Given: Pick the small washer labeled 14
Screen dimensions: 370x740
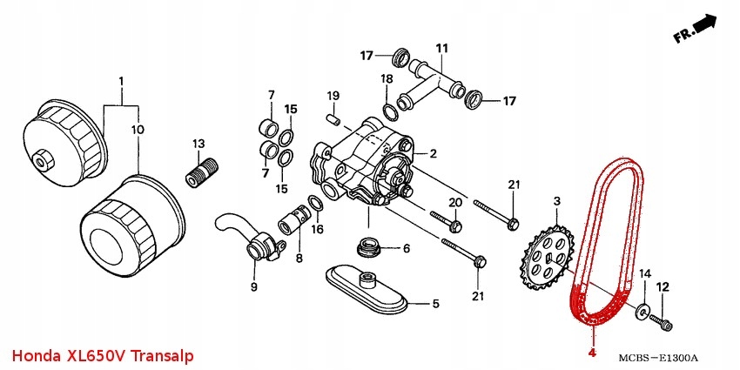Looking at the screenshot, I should point(642,308).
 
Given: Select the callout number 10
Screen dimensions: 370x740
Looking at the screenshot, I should point(138,129).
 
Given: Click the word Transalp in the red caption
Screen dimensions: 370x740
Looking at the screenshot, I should point(163,357).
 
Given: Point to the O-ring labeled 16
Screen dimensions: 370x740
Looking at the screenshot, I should point(318,205).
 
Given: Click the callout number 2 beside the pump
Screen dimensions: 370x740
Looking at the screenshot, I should point(432,153).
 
